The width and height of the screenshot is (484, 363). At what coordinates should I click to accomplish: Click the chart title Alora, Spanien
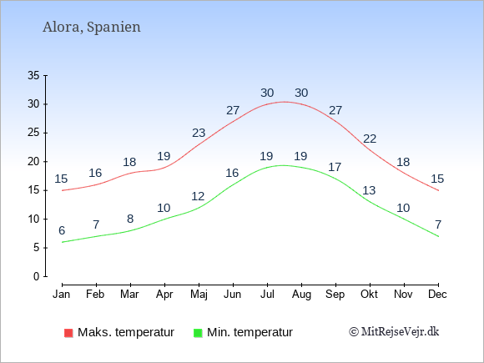click(x=92, y=28)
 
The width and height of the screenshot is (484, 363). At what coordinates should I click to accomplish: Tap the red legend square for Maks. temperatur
click(x=68, y=333)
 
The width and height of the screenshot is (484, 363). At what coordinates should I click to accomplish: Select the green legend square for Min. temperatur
click(x=198, y=333)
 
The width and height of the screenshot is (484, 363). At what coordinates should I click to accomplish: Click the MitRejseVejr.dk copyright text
click(x=394, y=332)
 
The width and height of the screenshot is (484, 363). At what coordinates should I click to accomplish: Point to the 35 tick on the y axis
click(x=33, y=75)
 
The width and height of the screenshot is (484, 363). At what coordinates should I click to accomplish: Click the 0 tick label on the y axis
click(x=37, y=276)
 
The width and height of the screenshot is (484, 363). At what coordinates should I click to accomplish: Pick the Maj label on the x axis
click(x=199, y=295)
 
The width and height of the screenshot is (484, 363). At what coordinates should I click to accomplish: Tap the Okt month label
click(x=369, y=295)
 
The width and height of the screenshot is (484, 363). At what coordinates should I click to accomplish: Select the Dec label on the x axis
click(x=438, y=295)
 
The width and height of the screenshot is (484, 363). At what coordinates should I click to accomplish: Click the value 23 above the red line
click(x=199, y=133)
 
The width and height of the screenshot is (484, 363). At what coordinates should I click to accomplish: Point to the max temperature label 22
click(x=370, y=139)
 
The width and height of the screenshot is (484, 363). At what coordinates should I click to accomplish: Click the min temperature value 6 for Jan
click(x=62, y=230)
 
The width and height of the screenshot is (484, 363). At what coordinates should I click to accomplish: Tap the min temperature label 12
click(x=198, y=196)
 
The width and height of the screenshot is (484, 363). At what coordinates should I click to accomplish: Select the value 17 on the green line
click(x=335, y=167)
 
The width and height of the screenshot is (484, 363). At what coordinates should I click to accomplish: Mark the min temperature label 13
click(x=369, y=190)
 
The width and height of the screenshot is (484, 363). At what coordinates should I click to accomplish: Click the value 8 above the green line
click(x=130, y=219)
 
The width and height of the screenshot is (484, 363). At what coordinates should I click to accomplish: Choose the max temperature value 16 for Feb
click(x=95, y=174)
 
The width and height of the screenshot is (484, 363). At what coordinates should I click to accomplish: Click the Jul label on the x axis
click(x=267, y=295)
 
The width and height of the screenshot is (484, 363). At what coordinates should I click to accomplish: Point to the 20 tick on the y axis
click(x=33, y=161)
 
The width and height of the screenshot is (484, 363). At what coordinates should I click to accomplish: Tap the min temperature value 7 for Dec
click(x=438, y=224)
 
